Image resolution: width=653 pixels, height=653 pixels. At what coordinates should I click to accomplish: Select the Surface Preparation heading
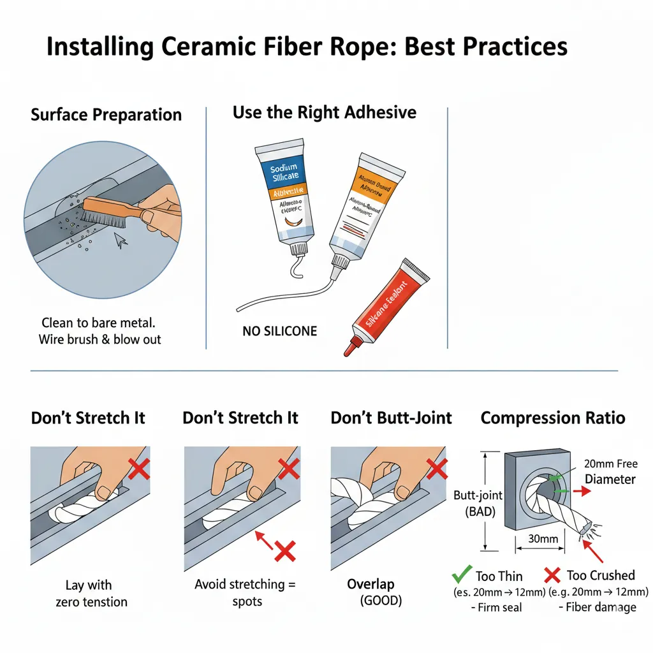coord(106,115)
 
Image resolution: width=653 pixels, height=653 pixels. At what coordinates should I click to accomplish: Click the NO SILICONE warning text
coord(279,331)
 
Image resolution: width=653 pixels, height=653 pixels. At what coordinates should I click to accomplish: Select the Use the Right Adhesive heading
coord(324,113)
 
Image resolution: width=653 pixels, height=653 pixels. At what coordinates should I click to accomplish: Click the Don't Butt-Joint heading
coord(391,418)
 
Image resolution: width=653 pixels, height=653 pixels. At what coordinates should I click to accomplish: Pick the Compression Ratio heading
coord(552,418)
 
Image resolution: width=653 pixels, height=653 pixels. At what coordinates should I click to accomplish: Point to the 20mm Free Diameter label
coord(610,471)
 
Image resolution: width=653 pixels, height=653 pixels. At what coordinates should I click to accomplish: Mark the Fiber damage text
coord(600,606)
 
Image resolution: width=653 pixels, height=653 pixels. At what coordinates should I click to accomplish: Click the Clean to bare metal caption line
coord(99,323)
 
